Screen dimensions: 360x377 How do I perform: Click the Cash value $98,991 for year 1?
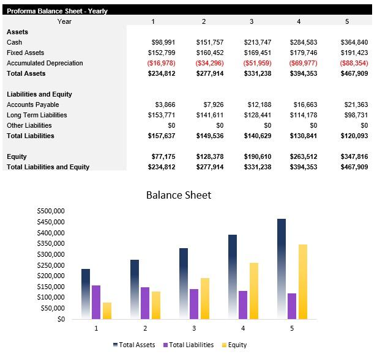163,42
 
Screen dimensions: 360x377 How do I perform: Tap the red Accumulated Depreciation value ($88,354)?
354,63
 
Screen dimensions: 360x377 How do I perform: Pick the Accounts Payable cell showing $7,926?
211,105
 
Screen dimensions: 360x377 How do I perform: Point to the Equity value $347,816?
354,156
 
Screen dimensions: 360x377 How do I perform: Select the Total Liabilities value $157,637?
162,136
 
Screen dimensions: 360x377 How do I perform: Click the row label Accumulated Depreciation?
45,63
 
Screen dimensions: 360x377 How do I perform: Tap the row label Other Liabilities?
29,125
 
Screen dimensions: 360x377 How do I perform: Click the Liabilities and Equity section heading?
39,94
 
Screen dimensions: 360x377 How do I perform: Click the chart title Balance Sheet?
178,195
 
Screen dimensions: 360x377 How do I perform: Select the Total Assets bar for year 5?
281,269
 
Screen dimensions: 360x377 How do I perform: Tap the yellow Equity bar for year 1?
107,310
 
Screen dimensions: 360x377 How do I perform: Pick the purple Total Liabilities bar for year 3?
194,304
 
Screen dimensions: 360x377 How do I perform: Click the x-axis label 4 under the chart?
243,328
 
